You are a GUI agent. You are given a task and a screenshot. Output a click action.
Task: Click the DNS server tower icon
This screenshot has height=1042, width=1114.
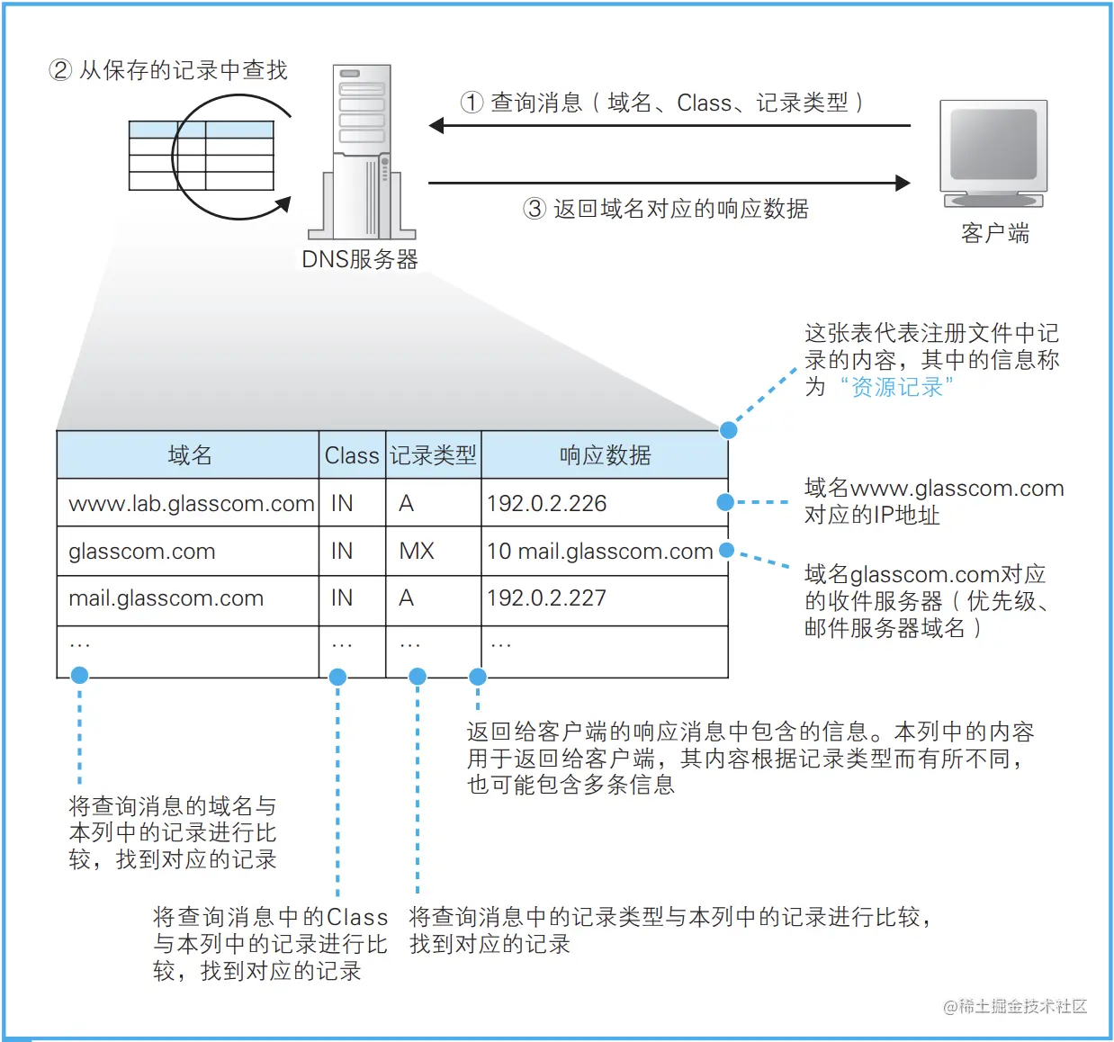click(x=362, y=151)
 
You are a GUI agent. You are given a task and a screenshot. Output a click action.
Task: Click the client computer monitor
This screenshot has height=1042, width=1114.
click(x=993, y=149)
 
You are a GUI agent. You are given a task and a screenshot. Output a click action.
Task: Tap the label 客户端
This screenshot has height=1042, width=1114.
click(x=994, y=234)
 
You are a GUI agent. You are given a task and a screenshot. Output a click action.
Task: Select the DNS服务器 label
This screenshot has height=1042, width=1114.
click(x=359, y=260)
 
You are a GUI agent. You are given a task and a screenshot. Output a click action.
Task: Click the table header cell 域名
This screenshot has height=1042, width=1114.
click(x=189, y=455)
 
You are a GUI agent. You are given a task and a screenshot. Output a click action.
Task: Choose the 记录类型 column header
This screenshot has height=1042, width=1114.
click(x=433, y=455)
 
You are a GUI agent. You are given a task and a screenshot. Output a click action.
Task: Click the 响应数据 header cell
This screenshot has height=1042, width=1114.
click(x=605, y=455)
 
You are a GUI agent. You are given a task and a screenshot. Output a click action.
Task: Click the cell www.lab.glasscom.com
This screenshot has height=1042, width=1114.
click(x=191, y=504)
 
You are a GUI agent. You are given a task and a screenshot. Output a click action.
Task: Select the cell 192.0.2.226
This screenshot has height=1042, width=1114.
click(x=547, y=504)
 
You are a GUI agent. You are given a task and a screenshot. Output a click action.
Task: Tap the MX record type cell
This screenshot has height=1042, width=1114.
click(x=417, y=551)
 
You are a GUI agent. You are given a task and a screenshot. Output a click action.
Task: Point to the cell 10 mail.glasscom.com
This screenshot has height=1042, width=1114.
click(x=599, y=551)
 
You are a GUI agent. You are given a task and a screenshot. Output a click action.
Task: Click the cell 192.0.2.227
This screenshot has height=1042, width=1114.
click(x=547, y=598)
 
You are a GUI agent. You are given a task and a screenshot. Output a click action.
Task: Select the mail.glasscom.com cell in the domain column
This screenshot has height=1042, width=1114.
click(x=166, y=598)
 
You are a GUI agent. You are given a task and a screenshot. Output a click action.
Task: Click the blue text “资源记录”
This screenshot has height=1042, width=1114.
click(x=897, y=388)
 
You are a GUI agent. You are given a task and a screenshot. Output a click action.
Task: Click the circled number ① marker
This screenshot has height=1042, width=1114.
click(x=472, y=103)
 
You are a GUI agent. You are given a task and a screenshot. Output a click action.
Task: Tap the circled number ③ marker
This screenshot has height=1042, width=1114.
click(x=535, y=209)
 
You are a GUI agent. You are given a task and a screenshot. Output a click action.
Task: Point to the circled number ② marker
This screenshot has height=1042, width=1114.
click(x=60, y=70)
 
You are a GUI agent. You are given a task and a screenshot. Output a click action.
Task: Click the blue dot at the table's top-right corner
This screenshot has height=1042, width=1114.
click(x=729, y=430)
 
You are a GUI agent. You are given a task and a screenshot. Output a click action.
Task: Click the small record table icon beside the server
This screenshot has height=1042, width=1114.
click(x=201, y=156)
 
